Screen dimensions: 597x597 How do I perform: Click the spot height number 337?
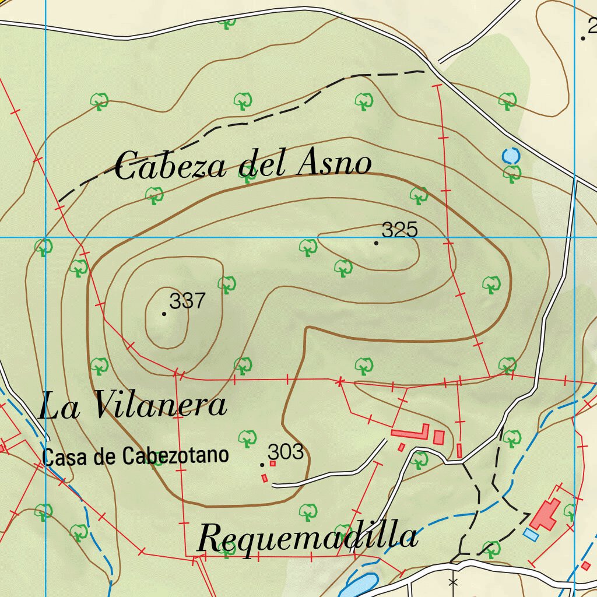pyautogui.click(x=188, y=301)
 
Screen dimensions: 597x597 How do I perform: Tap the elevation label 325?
pyautogui.click(x=401, y=230)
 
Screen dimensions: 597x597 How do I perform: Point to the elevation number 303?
pyautogui.click(x=286, y=452)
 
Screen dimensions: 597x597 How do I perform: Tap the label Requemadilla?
pyautogui.click(x=307, y=538)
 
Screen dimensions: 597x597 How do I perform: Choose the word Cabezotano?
pyautogui.click(x=175, y=456)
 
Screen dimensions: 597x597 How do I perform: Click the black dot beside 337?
pyautogui.click(x=164, y=314)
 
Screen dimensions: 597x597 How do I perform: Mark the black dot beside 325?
pyautogui.click(x=376, y=243)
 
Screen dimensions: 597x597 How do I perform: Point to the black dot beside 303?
pyautogui.click(x=262, y=465)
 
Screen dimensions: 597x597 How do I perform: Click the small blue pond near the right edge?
pyautogui.click(x=510, y=156)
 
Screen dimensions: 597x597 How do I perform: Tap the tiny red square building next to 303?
pyautogui.click(x=272, y=463)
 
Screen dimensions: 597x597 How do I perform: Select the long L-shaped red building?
pyautogui.click(x=410, y=433)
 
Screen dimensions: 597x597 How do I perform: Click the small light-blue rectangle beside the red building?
pyautogui.click(x=531, y=533)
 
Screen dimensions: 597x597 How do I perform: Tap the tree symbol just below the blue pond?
pyautogui.click(x=512, y=173)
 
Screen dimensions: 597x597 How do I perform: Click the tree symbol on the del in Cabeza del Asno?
pyautogui.click(x=248, y=173)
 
